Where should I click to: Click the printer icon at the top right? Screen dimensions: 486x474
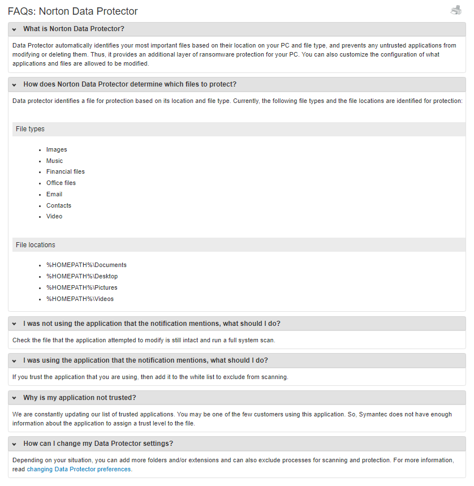(456, 10)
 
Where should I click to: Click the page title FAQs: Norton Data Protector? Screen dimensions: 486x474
(72, 11)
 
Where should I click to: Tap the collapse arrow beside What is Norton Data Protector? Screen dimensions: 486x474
(14, 29)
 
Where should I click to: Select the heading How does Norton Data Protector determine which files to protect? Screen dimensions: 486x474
(130, 84)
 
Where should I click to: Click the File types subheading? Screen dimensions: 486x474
(30, 129)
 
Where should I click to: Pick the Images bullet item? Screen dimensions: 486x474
(57, 149)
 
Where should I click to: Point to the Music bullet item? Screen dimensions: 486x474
(54, 161)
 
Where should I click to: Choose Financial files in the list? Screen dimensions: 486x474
(66, 171)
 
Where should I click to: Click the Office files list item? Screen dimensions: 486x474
(61, 183)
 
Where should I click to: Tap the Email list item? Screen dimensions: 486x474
(54, 194)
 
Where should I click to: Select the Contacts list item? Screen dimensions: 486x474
(59, 205)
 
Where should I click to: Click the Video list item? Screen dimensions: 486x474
(54, 216)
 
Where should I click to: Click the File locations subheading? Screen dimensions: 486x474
(36, 245)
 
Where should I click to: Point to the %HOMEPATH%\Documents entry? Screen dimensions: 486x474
(87, 265)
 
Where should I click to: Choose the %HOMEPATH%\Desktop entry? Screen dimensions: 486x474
(82, 276)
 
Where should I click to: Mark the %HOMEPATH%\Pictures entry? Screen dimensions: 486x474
(82, 287)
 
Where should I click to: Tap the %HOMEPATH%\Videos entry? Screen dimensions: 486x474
(80, 299)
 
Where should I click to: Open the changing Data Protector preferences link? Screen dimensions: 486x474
(79, 469)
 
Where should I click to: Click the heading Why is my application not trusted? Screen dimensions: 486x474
(79, 397)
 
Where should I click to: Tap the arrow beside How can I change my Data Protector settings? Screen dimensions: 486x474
(14, 444)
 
